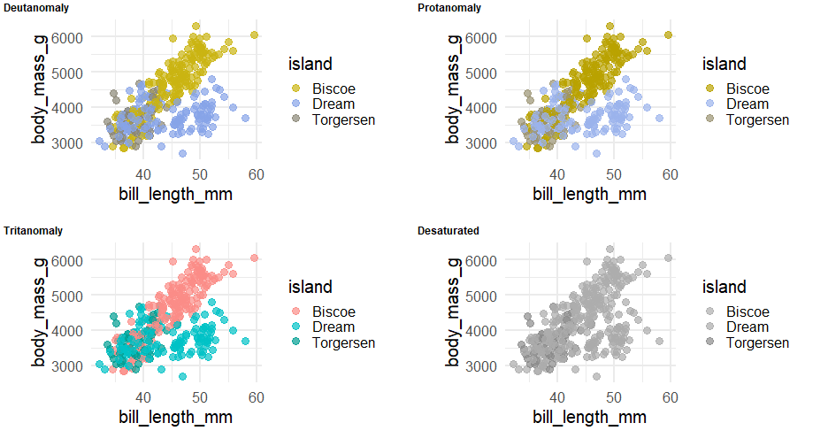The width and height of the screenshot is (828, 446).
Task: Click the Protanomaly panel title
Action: (448, 8)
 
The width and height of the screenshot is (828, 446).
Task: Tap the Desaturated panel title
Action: (448, 231)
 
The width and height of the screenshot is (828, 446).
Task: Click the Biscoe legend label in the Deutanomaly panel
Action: (331, 88)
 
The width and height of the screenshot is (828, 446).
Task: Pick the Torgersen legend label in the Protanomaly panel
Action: (757, 119)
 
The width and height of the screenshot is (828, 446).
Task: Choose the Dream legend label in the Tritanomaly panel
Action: (333, 327)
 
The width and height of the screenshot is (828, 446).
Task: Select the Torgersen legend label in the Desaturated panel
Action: (757, 342)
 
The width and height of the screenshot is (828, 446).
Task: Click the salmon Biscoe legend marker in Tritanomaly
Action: (295, 311)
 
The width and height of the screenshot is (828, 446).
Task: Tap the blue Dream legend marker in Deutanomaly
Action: (295, 104)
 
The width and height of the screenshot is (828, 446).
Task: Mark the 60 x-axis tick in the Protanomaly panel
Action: (670, 173)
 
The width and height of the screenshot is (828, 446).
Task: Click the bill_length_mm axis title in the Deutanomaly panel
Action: (175, 194)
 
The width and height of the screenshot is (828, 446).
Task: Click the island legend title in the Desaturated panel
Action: (724, 287)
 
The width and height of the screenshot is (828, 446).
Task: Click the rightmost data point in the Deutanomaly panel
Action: (255, 35)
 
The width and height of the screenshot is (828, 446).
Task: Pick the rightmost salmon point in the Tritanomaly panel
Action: (255, 258)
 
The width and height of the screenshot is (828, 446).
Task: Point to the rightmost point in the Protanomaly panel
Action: (669, 35)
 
